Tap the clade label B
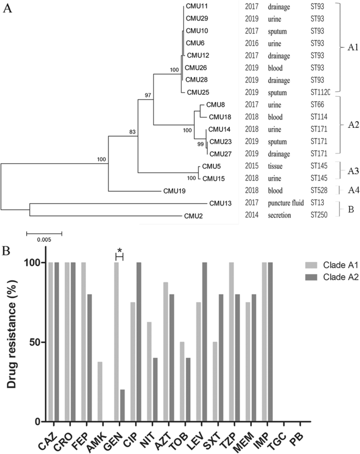344,209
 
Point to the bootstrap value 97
148,96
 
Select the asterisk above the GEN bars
119,250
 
